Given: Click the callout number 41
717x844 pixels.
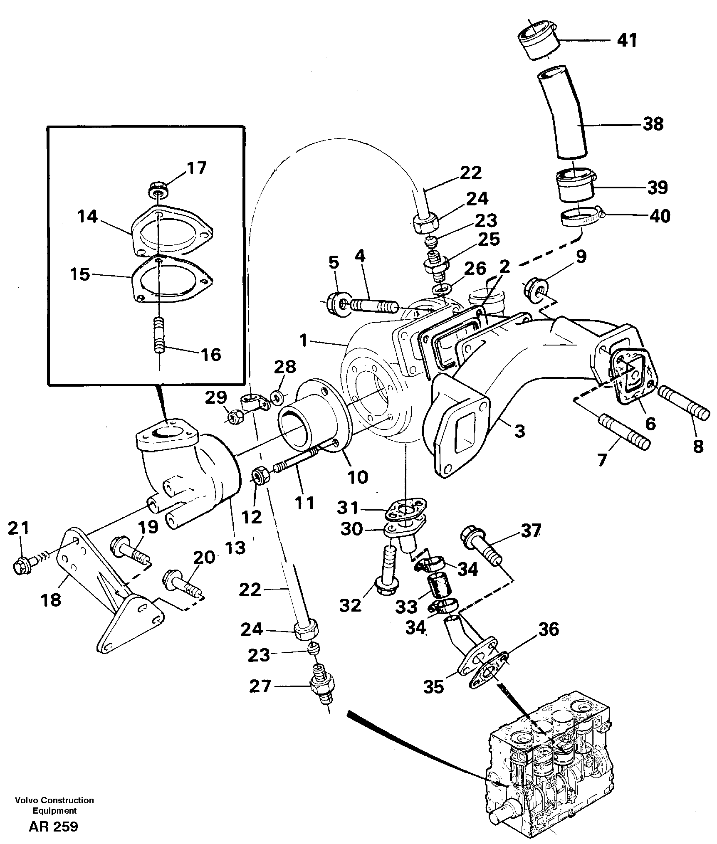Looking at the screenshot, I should pyautogui.click(x=627, y=40).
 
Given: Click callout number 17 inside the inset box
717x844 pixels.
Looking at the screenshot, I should pyautogui.click(x=196, y=168).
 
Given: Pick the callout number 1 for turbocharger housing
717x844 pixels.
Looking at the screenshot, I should pyautogui.click(x=304, y=341).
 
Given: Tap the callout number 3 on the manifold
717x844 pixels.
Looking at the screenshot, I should pyautogui.click(x=519, y=431).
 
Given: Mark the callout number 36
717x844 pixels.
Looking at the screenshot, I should pyautogui.click(x=549, y=630).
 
